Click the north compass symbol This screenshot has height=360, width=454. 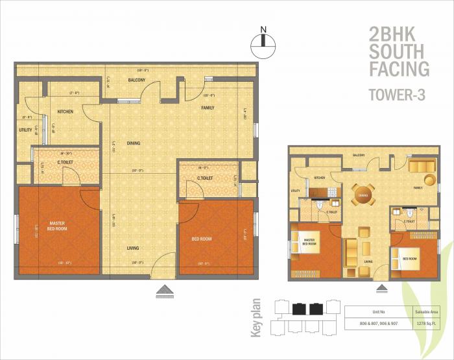point(263,40)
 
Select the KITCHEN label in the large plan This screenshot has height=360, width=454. point(64,112)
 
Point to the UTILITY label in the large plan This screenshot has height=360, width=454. point(25,130)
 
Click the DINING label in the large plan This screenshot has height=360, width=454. point(134,143)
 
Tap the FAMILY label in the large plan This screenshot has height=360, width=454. point(208,108)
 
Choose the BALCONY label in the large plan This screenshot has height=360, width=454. point(136,80)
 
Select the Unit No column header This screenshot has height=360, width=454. point(370,311)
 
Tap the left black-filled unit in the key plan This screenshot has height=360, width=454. point(300,308)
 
